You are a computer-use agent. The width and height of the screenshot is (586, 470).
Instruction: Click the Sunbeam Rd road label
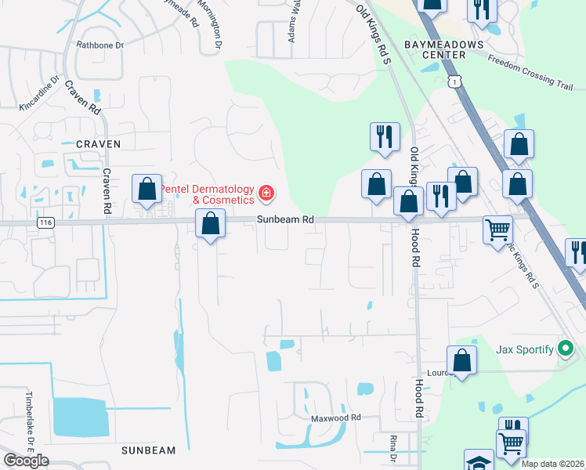pyautogui.click(x=285, y=220)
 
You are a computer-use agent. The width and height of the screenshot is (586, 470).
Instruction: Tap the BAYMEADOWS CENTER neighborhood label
pyautogui.click(x=443, y=49)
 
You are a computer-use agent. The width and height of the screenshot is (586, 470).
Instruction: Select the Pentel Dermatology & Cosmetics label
pyautogui.click(x=208, y=194)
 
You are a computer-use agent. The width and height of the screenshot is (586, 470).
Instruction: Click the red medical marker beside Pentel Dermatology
pyautogui.click(x=266, y=192)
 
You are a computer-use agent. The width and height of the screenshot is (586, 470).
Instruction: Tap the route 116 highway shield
pyautogui.click(x=45, y=222)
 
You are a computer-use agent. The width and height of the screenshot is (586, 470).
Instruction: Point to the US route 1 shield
pyautogui.click(x=454, y=81)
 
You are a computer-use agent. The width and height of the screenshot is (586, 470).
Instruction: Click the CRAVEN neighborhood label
pyautogui.click(x=99, y=144)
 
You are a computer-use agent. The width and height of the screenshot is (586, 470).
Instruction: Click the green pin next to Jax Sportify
pyautogui.click(x=566, y=349)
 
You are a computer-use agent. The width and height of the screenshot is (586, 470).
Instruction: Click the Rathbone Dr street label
pyautogui.click(x=99, y=45)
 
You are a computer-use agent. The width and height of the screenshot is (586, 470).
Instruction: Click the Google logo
pyautogui.click(x=26, y=461)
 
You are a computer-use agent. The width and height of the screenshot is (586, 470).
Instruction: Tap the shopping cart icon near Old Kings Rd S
pyautogui.click(x=497, y=230)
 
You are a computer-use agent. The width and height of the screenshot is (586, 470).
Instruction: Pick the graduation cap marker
pyautogui.click(x=479, y=461)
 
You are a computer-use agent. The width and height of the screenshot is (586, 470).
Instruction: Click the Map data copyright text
pyautogui.click(x=552, y=464)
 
